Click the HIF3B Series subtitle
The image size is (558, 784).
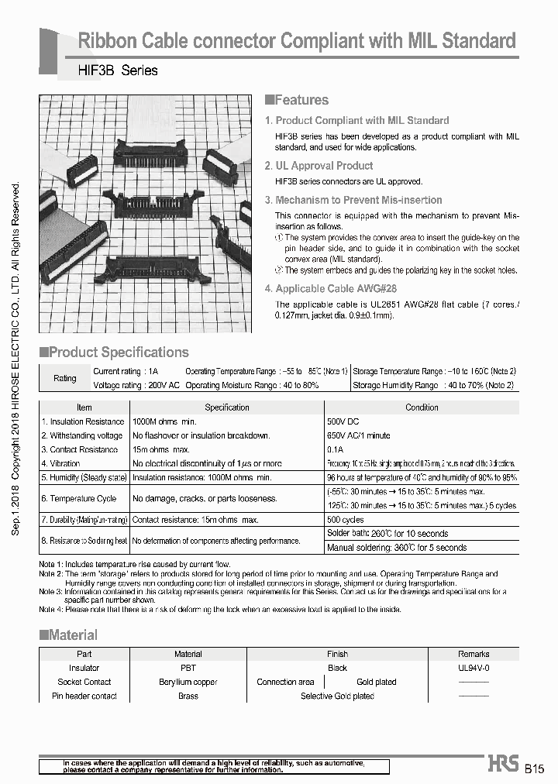coord(118,70)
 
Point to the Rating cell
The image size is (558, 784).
coord(64,378)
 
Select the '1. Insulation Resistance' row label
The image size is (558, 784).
coord(83,421)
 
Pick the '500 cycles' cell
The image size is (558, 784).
coord(346,520)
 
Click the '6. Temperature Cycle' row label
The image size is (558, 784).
coord(79,499)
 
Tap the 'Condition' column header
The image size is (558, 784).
coord(422,407)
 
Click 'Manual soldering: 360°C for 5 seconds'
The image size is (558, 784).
coord(398,548)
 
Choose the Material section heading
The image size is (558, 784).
coord(72,635)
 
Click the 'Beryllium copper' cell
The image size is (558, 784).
coord(188,682)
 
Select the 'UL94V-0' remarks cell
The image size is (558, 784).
coord(474,668)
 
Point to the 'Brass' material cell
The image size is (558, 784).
coord(188,696)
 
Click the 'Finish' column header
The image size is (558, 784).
coord(337,654)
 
